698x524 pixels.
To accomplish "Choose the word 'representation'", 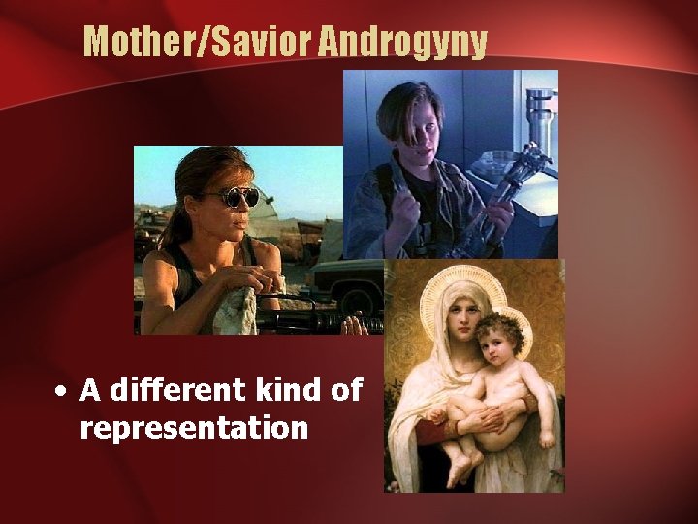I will point(194,427).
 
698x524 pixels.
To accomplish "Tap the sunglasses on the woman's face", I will point(237,198).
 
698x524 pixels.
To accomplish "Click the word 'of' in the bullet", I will point(345,390).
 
